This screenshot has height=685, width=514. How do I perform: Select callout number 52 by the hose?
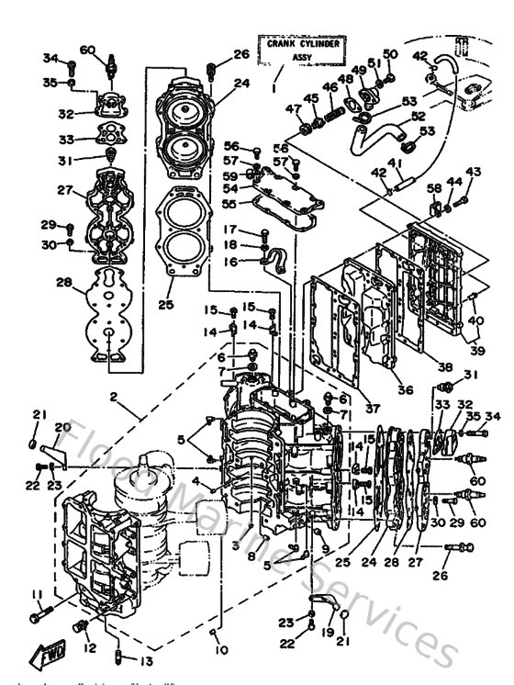point(417,117)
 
